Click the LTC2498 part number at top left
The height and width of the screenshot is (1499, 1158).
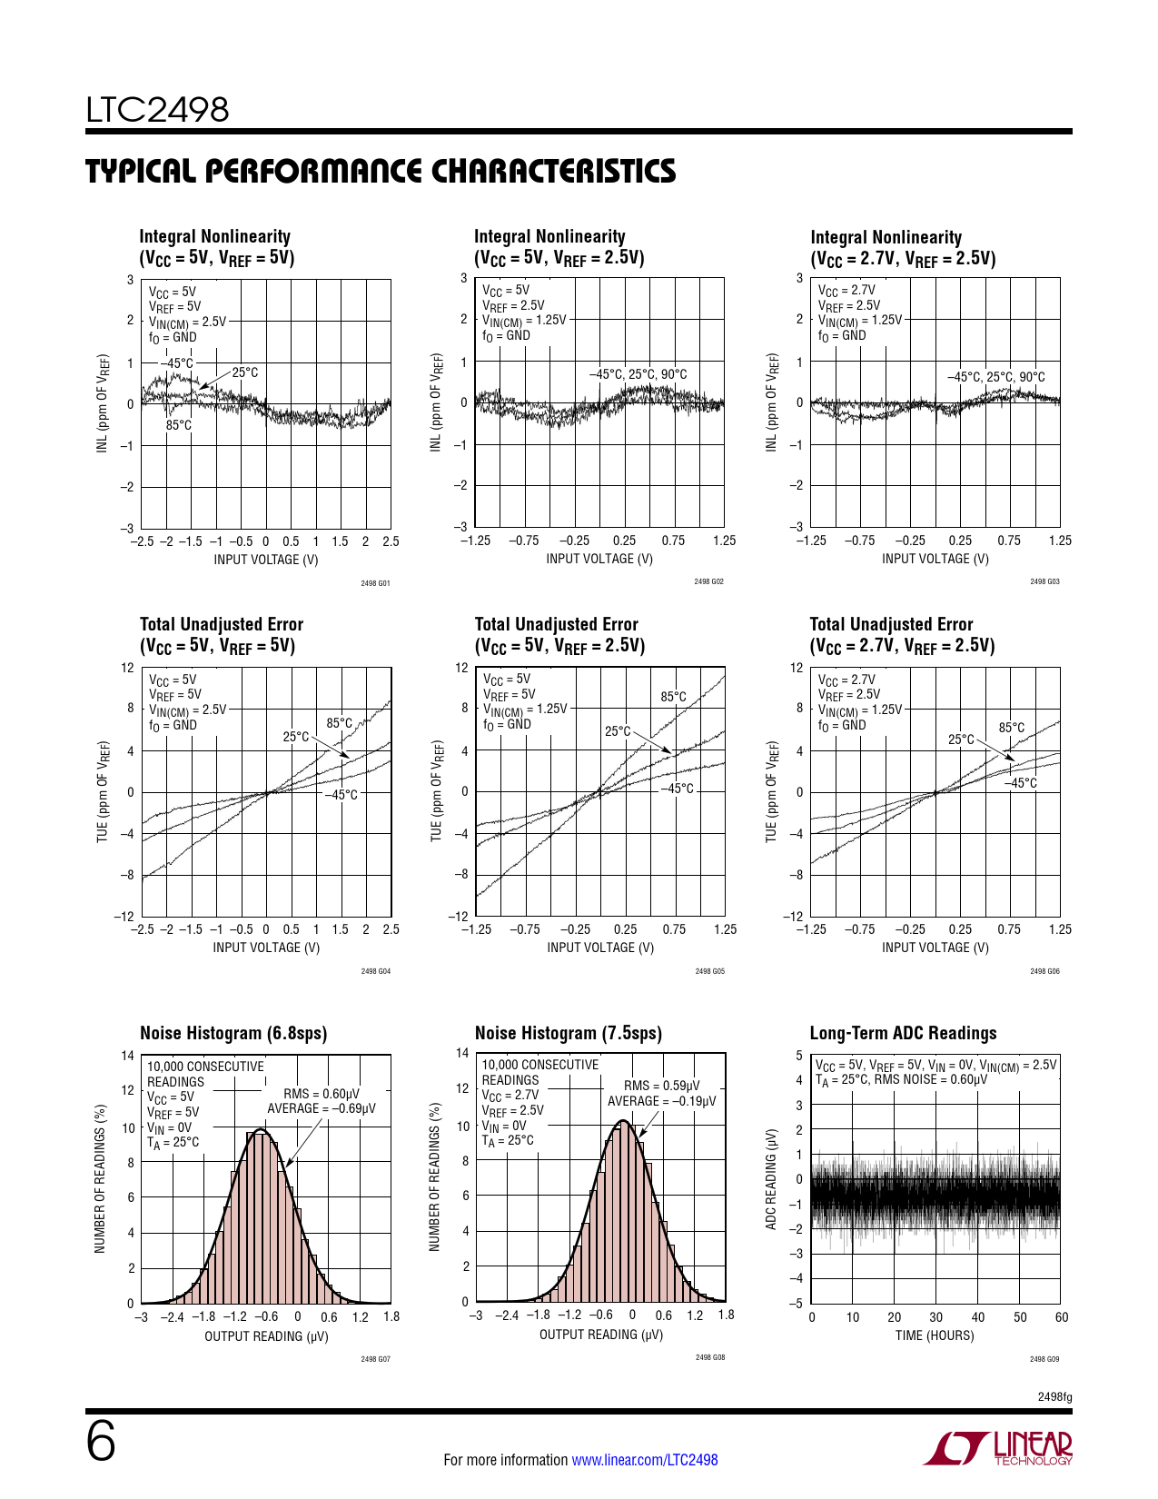click(x=157, y=110)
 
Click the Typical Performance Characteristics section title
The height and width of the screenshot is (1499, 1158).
click(x=381, y=172)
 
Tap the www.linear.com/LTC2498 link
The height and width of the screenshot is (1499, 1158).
click(x=644, y=1460)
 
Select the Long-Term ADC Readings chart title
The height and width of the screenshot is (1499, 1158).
click(x=903, y=1033)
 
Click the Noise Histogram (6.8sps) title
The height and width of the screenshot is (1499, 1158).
click(x=233, y=1033)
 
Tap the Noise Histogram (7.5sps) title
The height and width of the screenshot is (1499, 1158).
click(x=569, y=1033)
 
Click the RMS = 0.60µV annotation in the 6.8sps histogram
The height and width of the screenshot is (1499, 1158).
click(x=322, y=1094)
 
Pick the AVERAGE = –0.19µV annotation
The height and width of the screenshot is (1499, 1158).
click(x=661, y=1101)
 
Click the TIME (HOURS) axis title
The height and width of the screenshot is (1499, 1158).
click(x=935, y=1335)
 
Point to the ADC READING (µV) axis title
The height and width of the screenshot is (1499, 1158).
click(x=771, y=1179)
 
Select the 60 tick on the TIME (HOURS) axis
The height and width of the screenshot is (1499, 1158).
click(x=1062, y=1317)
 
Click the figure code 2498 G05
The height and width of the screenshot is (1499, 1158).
click(x=710, y=971)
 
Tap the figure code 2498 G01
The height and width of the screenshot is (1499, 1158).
click(x=375, y=583)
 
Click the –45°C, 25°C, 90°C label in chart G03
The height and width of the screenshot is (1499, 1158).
click(x=995, y=377)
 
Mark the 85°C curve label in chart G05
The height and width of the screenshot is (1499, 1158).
click(x=674, y=697)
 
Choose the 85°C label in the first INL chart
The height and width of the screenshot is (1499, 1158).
click(x=179, y=425)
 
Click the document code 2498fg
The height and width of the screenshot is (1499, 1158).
click(x=1054, y=1397)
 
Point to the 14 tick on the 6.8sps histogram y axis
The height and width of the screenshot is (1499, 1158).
click(x=128, y=1056)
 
